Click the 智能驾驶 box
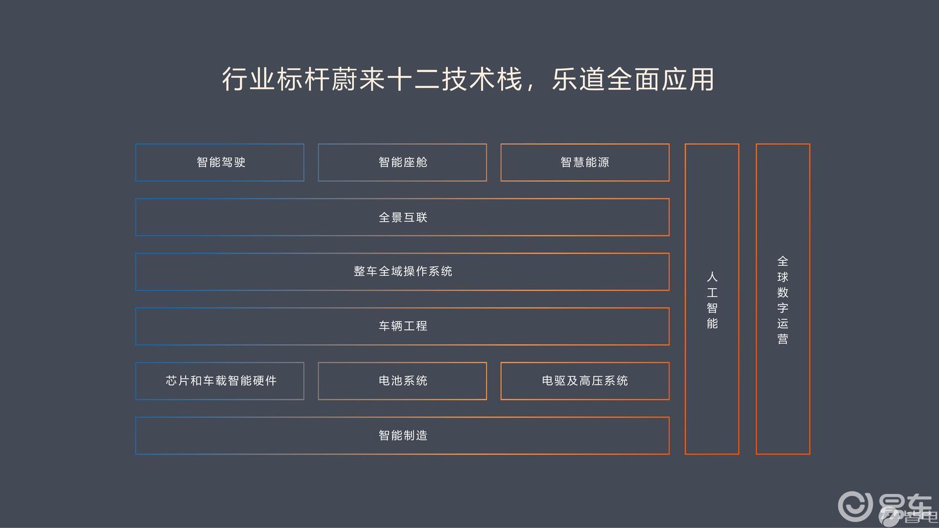pyautogui.click(x=220, y=163)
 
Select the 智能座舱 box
pyautogui.click(x=403, y=163)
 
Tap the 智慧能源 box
pyautogui.click(x=585, y=163)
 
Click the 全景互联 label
pyautogui.click(x=403, y=218)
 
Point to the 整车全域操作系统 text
pyautogui.click(x=403, y=272)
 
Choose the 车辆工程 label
pyautogui.click(x=403, y=326)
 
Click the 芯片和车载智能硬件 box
pyautogui.click(x=220, y=381)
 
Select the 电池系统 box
pyautogui.click(x=403, y=381)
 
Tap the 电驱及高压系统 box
pyautogui.click(x=585, y=381)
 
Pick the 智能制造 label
pyautogui.click(x=403, y=435)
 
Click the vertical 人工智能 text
pyautogui.click(x=712, y=300)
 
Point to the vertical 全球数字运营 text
pyautogui.click(x=783, y=300)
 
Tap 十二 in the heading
pyautogui.click(x=413, y=79)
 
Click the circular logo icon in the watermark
pyautogui.click(x=854, y=506)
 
